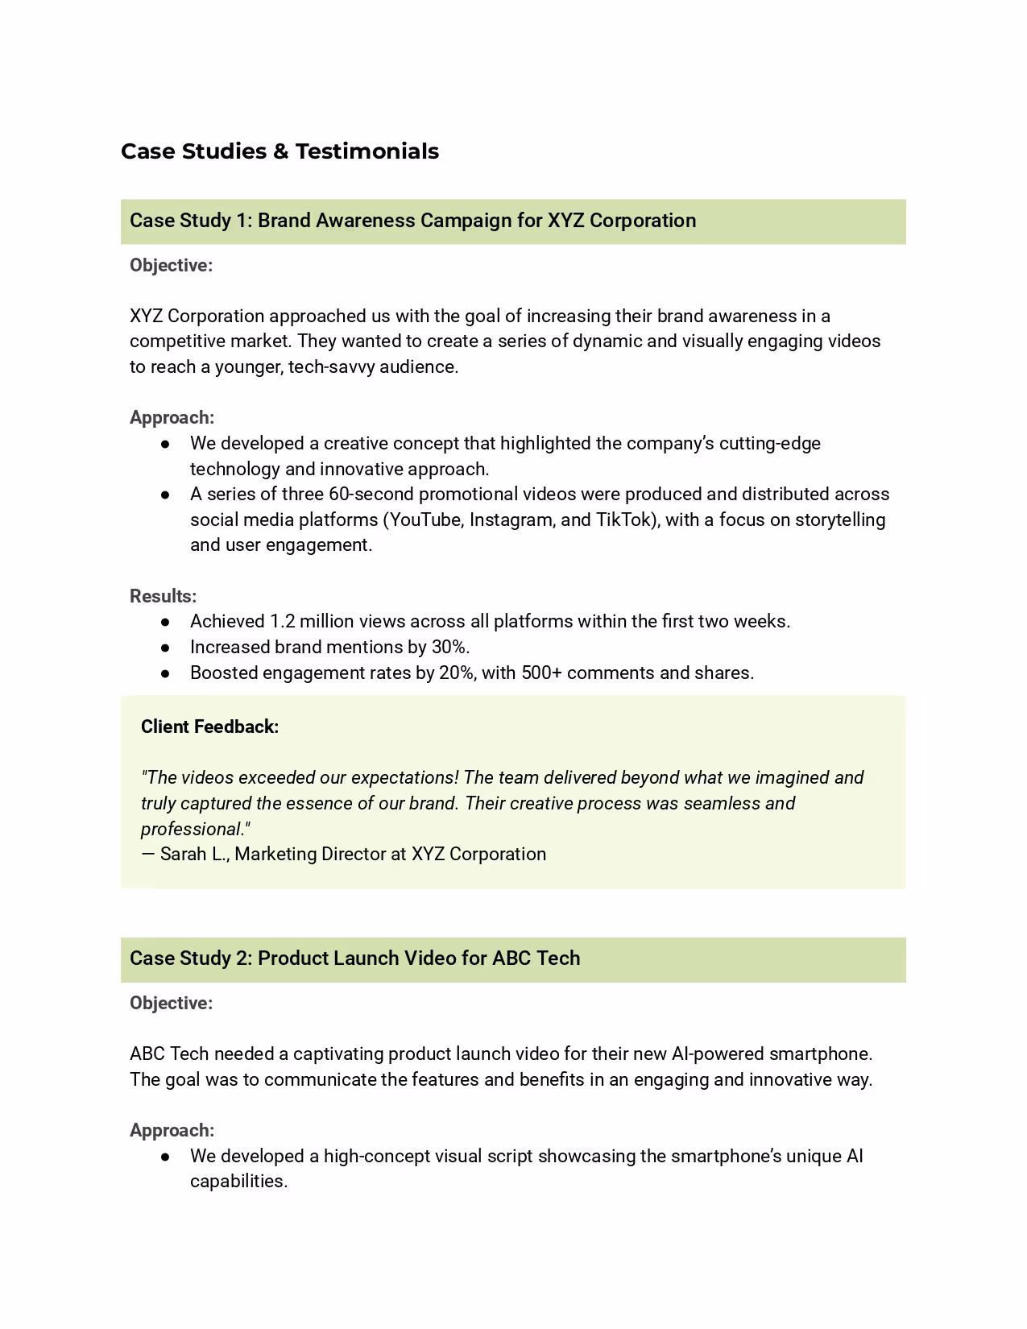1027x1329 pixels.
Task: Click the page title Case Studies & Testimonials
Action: (x=280, y=151)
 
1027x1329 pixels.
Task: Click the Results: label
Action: (x=163, y=596)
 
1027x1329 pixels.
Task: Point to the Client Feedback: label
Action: (x=209, y=727)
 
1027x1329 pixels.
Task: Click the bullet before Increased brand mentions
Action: (x=165, y=648)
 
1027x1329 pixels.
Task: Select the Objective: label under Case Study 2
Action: (x=171, y=1004)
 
